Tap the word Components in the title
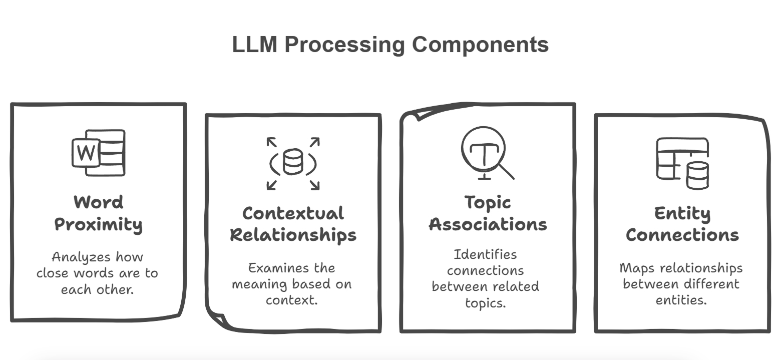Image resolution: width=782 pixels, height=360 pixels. tap(480, 45)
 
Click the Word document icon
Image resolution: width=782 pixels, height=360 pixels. tap(98, 153)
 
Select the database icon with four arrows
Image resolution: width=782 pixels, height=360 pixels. tap(293, 163)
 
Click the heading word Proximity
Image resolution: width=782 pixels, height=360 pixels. tap(98, 225)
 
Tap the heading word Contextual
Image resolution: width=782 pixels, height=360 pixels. tap(293, 213)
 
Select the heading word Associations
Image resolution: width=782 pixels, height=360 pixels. tap(488, 225)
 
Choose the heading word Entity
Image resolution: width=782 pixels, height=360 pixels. tap(682, 213)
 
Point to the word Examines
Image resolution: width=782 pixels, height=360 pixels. tap(273, 268)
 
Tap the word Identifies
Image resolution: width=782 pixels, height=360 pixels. tap(485, 254)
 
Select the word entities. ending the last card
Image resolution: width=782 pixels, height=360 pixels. tap(681, 300)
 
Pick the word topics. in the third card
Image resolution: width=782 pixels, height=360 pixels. tap(485, 303)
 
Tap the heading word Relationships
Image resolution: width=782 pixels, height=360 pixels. tap(293, 235)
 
